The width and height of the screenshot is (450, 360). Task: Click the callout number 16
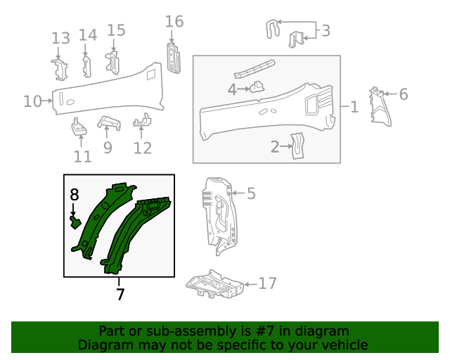174,22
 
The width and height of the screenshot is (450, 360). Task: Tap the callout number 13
60,38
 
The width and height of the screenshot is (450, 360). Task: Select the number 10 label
32,101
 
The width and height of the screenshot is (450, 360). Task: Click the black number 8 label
75,195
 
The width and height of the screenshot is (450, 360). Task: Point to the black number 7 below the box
120,294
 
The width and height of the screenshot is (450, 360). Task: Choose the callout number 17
267,283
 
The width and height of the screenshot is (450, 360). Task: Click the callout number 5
251,193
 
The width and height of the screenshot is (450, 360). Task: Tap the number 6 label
404,94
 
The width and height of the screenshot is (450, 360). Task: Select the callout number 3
326,30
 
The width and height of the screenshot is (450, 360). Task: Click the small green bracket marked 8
75,222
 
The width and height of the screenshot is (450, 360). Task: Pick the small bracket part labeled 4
257,87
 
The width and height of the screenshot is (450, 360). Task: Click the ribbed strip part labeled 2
297,146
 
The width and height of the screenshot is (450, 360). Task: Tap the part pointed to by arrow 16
174,58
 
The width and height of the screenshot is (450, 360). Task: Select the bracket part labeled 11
79,127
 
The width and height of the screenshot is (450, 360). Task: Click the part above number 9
109,122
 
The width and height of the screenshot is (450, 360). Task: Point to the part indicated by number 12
142,120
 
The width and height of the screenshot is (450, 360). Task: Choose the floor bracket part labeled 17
214,284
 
